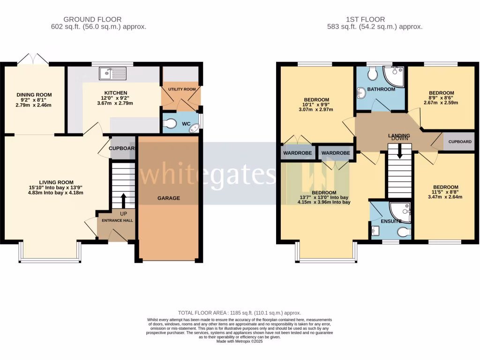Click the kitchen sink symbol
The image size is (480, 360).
(x=112, y=74)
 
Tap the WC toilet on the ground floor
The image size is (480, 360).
(x=171, y=124)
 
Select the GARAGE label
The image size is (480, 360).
(x=168, y=198)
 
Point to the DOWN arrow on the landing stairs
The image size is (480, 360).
(x=399, y=151)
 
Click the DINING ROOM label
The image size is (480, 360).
(x=34, y=95)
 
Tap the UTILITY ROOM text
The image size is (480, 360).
(x=182, y=89)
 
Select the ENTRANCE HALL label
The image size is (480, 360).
(x=116, y=220)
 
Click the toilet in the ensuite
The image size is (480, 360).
(x=404, y=232)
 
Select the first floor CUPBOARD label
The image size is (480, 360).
(x=460, y=142)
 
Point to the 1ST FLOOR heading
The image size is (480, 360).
(x=365, y=20)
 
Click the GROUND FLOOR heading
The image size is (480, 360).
(x=92, y=20)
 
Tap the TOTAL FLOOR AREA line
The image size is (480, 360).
(x=239, y=313)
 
